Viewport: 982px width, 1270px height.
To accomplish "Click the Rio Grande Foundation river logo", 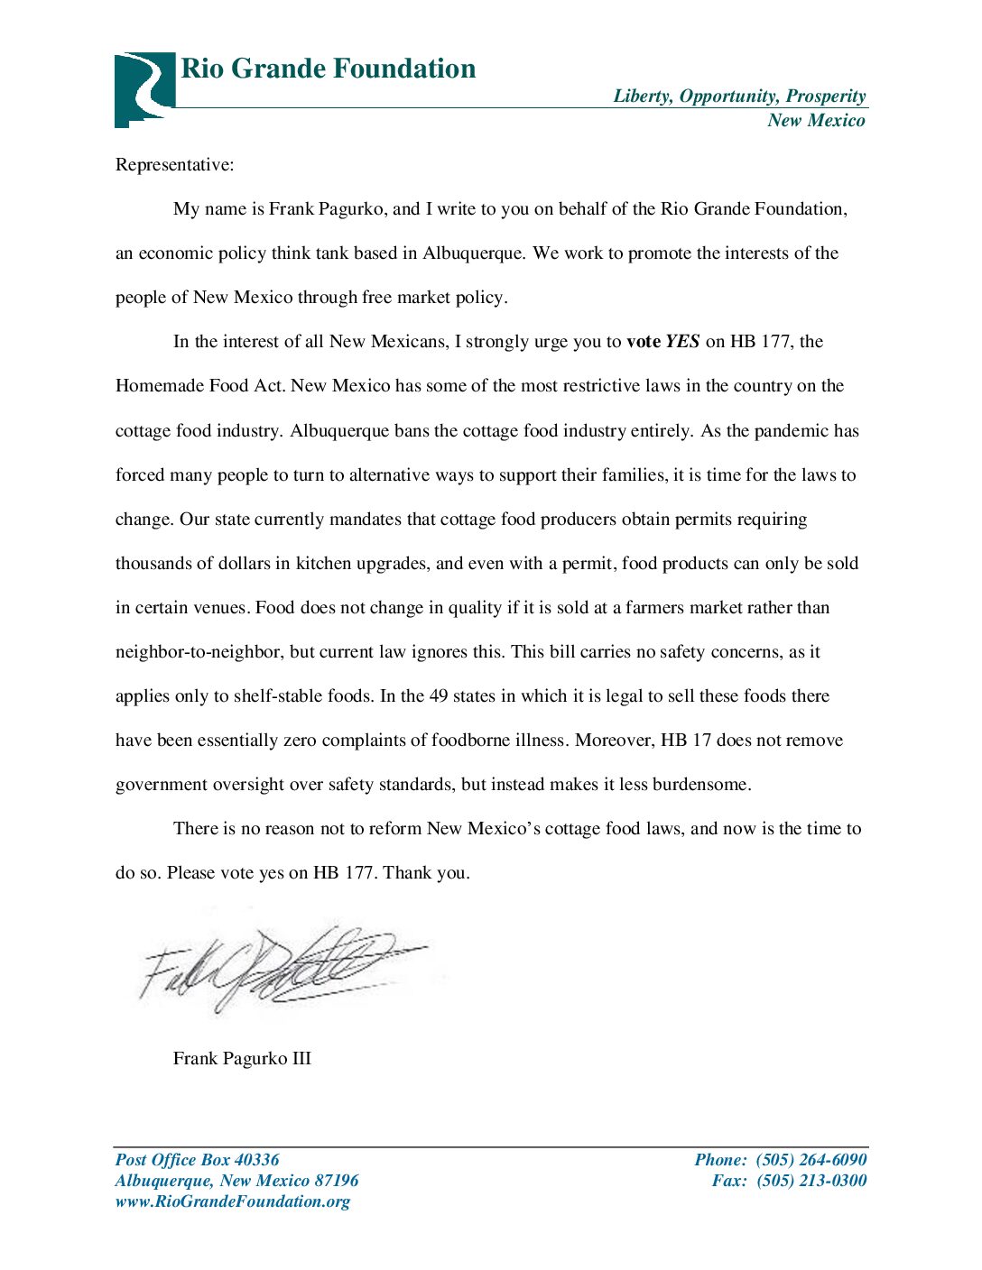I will [x=144, y=88].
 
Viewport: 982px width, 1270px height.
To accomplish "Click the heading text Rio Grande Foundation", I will [x=328, y=69].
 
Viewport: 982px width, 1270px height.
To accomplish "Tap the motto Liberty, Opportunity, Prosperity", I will [x=739, y=97].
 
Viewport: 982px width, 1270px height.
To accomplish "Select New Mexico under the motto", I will [x=816, y=121].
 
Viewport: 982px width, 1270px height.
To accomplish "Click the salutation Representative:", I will [x=174, y=165].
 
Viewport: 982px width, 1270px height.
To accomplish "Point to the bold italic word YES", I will [x=682, y=342].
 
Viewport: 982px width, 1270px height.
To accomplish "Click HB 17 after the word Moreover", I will [x=686, y=741].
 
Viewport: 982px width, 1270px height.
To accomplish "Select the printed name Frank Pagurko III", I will [x=242, y=1059].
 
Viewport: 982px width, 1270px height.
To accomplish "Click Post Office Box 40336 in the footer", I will [x=197, y=1160].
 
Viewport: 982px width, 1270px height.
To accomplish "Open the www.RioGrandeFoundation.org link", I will [x=232, y=1201].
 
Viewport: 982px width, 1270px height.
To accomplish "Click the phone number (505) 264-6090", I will [x=811, y=1160].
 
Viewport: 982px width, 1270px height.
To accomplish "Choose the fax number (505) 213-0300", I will [x=811, y=1181].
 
